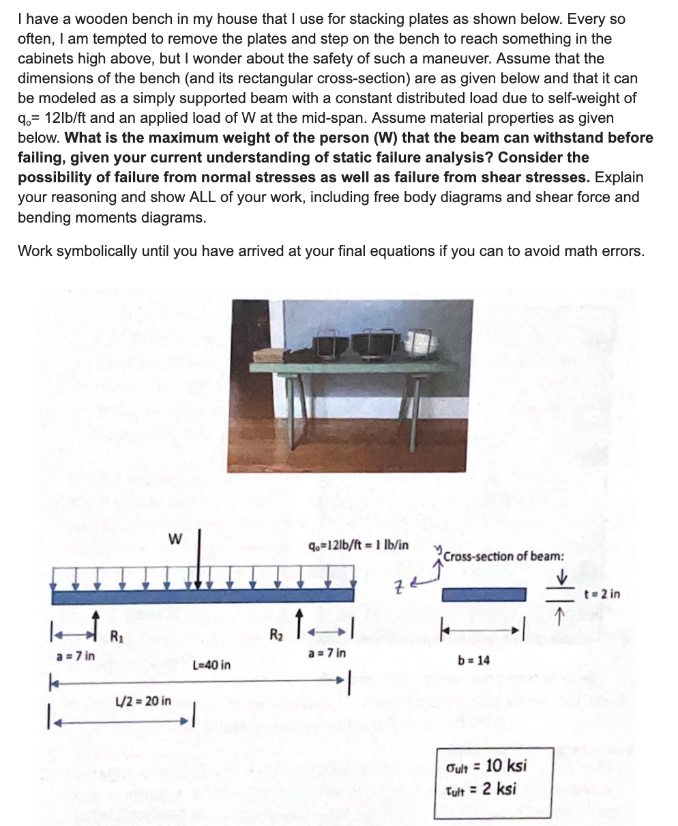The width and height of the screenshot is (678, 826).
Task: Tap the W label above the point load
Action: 175,539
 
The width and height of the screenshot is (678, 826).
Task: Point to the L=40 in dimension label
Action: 211,664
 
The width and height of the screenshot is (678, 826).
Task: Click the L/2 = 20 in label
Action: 144,700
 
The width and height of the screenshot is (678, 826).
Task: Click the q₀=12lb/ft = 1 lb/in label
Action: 358,545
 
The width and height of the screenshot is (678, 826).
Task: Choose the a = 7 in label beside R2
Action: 327,653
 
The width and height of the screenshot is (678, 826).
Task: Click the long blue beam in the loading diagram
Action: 203,595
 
